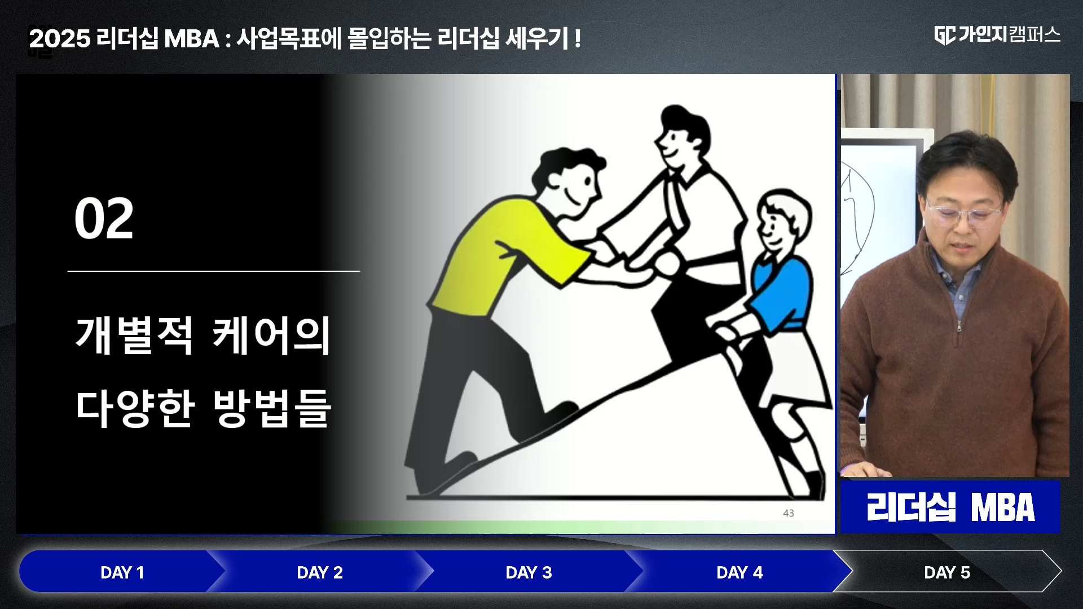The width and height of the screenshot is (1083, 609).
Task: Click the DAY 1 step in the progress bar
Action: click(122, 572)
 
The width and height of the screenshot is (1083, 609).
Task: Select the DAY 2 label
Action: click(320, 572)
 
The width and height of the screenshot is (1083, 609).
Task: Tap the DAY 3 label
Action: click(529, 572)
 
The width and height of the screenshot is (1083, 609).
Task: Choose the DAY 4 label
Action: click(739, 572)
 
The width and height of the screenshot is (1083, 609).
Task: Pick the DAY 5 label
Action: click(947, 572)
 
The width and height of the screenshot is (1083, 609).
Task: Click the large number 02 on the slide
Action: click(104, 219)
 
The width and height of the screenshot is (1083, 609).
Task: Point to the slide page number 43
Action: click(789, 513)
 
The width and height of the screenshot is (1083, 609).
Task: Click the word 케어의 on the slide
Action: click(271, 336)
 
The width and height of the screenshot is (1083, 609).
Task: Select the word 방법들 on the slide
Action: click(271, 407)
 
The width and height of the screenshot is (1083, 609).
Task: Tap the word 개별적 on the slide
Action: click(135, 336)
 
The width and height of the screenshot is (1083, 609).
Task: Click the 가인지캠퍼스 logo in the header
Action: click(997, 35)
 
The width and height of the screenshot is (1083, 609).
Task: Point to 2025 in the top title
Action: click(60, 39)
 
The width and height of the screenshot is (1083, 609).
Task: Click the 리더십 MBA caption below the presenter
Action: click(950, 507)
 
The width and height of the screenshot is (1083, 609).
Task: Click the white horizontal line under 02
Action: click(214, 271)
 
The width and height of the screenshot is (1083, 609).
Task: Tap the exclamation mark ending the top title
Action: click(578, 39)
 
